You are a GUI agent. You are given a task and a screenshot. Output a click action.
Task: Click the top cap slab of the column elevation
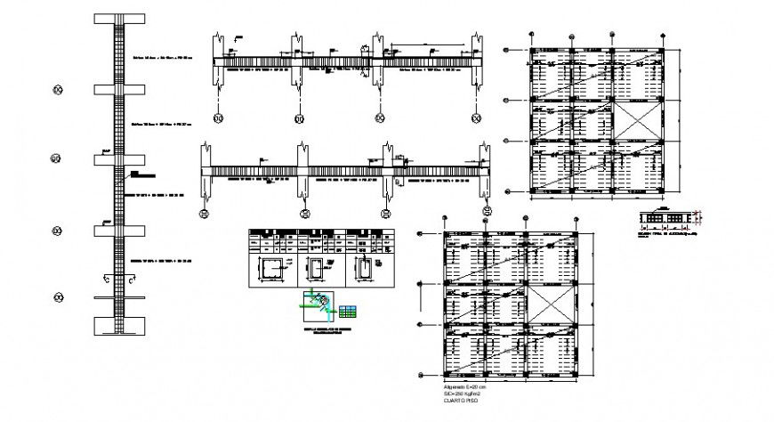[119, 18]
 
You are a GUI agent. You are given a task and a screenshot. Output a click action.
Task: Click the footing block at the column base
[119, 324]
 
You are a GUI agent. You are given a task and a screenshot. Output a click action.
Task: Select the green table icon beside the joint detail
[348, 312]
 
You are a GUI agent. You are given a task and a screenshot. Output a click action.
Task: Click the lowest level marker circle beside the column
[58, 297]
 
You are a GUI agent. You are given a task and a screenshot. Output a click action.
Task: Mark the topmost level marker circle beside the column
[58, 89]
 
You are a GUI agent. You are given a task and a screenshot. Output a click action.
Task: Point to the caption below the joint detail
[318, 332]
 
